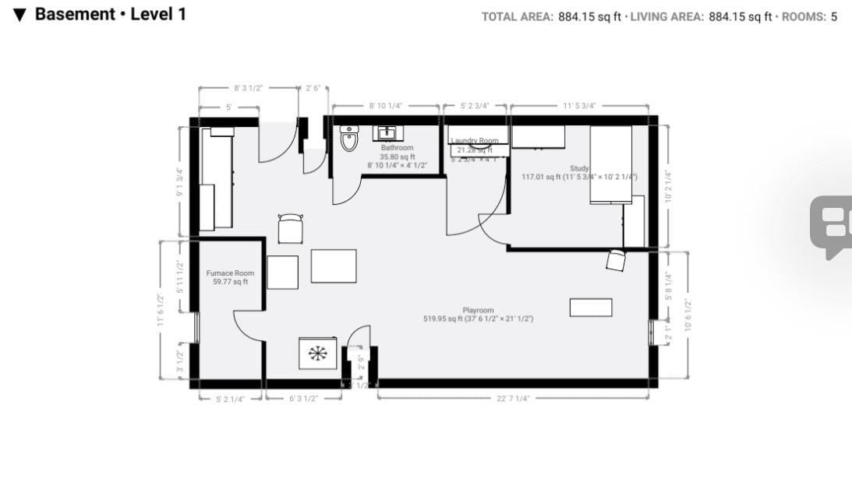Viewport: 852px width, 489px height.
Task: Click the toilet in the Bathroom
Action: click(x=348, y=140)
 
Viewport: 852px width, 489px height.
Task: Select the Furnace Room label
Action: click(x=230, y=273)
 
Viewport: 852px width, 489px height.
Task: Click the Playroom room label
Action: click(x=478, y=310)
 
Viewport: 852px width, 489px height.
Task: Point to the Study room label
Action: click(x=579, y=168)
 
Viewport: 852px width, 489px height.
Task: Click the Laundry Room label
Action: click(x=474, y=141)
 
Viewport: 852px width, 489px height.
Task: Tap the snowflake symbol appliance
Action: click(x=317, y=354)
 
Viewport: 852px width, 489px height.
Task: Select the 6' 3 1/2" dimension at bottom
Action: click(x=303, y=398)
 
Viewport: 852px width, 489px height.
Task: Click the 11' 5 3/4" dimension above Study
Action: click(x=579, y=105)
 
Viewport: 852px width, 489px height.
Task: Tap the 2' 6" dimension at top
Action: click(x=313, y=88)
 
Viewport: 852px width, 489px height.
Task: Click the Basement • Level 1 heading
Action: click(x=110, y=14)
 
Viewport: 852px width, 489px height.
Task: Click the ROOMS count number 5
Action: click(x=833, y=16)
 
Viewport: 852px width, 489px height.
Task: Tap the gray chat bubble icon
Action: click(x=830, y=227)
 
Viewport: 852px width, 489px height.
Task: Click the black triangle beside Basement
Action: click(x=20, y=15)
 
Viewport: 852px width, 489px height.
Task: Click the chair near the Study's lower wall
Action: click(x=615, y=260)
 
